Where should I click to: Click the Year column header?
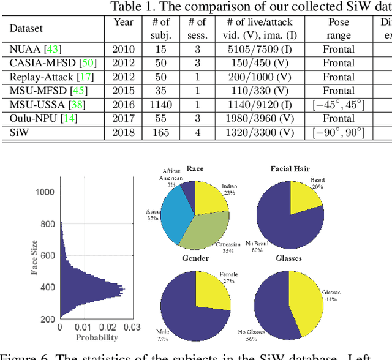click(x=123, y=22)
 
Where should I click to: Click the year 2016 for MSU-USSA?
click(x=124, y=104)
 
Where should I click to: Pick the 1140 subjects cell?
click(x=160, y=104)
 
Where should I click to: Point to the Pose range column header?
click(x=338, y=29)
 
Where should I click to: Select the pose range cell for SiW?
click(x=338, y=132)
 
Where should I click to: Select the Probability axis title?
click(x=97, y=337)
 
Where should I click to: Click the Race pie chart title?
click(x=195, y=168)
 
